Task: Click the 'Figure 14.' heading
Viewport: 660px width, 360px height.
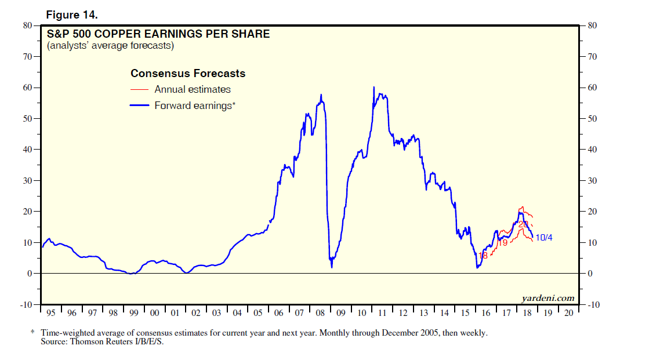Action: click(72, 13)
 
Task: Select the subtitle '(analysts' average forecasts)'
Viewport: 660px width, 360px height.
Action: click(110, 45)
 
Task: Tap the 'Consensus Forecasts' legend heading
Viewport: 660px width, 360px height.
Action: click(188, 74)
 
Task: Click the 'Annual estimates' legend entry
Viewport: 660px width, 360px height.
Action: click(193, 89)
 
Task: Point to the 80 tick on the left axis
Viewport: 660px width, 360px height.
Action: click(27, 26)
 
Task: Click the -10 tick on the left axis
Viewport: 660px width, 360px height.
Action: click(26, 304)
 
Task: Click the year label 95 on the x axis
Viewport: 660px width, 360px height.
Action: click(51, 313)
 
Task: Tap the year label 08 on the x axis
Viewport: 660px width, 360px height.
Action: click(320, 313)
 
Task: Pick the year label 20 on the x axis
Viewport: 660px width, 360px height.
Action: click(568, 313)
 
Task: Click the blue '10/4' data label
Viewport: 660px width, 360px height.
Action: click(543, 237)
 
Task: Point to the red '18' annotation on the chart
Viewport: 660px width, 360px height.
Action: click(483, 256)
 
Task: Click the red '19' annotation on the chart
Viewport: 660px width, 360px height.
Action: click(503, 243)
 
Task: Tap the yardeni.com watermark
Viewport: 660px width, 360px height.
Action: click(548, 299)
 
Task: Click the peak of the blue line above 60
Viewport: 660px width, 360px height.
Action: click(373, 87)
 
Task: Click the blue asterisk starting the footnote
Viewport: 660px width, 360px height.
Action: click(32, 333)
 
